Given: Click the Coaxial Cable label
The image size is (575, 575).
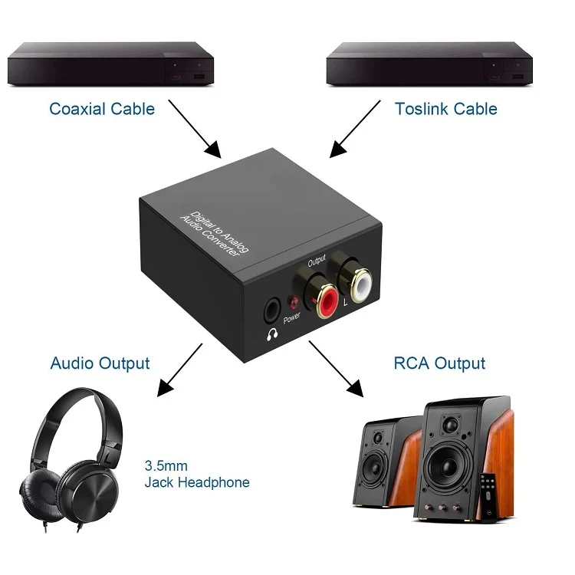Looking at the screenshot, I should click(x=102, y=109).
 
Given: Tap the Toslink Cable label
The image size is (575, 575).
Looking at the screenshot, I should click(x=446, y=109).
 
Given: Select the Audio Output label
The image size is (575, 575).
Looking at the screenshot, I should click(x=100, y=363).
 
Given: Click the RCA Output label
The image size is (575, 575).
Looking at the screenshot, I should click(x=439, y=363).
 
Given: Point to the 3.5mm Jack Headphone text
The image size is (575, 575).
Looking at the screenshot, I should click(x=196, y=475).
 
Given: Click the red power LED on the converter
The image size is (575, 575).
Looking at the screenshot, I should click(x=291, y=302).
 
